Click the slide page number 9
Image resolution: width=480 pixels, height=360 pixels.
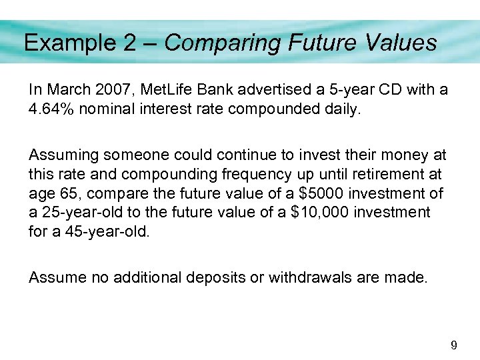click(454, 345)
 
